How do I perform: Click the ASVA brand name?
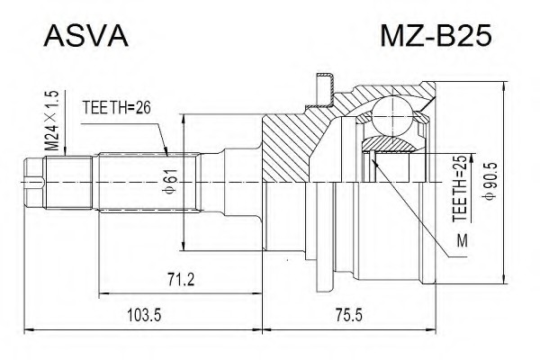point(86,36)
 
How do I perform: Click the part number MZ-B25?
point(436,36)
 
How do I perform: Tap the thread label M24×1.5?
point(53,121)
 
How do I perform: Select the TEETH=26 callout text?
point(116,108)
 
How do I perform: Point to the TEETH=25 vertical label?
point(461,188)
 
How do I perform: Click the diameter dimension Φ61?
point(171,181)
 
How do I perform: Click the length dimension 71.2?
point(181,279)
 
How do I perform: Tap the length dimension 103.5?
point(144,315)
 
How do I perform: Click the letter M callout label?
point(463,240)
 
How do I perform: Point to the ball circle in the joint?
point(392,116)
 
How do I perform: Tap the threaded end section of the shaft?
point(69,182)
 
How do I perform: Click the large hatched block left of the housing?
point(286,148)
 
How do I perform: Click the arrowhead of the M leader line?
point(375,163)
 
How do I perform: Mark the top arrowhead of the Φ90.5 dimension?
point(505,86)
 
